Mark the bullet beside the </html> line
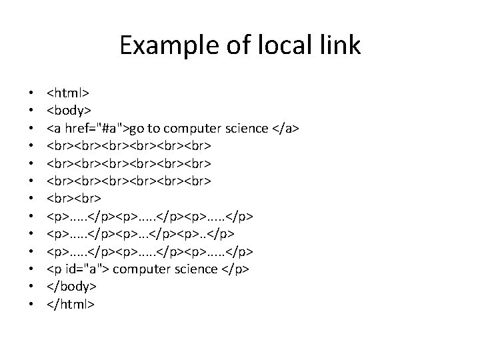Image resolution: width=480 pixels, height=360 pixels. coord(31,305)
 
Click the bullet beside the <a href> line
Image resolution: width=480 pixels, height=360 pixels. coord(31,129)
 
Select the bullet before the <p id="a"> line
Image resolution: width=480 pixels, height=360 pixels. coord(31,270)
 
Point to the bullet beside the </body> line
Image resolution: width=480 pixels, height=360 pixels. coord(31,288)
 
